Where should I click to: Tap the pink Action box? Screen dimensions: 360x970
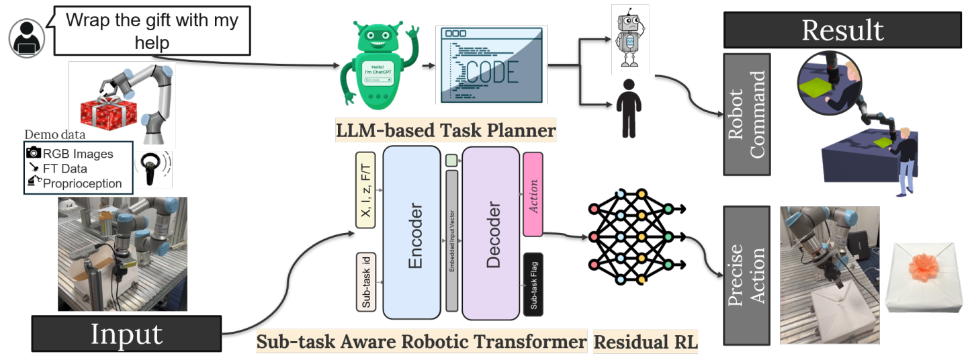(x=533, y=194)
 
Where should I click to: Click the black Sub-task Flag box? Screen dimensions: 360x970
(x=533, y=284)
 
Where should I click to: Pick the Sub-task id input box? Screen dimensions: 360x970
(x=365, y=282)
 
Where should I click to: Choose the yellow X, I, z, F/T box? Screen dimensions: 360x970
(x=365, y=191)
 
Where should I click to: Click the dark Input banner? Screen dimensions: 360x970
(x=126, y=334)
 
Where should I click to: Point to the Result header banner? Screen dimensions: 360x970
(x=842, y=30)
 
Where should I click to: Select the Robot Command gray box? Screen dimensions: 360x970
(x=746, y=114)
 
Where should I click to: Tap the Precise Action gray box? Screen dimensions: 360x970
(x=746, y=275)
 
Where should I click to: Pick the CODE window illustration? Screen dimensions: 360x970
(x=492, y=65)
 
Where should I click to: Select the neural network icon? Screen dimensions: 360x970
(x=629, y=237)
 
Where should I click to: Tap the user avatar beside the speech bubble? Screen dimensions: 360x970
(x=27, y=39)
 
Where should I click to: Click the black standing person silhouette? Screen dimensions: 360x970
(x=629, y=108)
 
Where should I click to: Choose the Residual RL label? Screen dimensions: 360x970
(x=646, y=343)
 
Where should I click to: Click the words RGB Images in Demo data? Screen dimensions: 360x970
(x=79, y=154)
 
